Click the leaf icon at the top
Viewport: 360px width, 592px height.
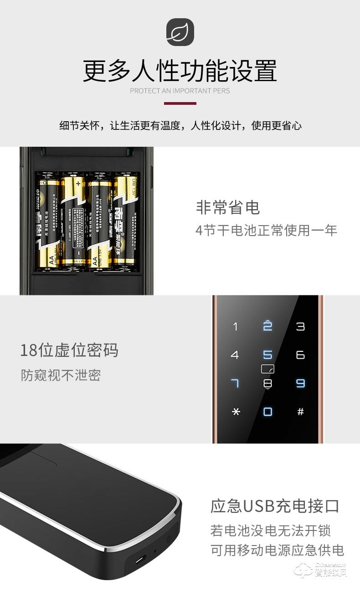point(180,32)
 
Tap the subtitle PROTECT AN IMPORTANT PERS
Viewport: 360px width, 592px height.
point(180,91)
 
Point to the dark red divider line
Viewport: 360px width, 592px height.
point(180,103)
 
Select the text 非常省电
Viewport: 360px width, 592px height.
point(227,207)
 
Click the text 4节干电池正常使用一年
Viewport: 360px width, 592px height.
point(266,230)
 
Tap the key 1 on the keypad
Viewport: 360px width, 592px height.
point(235,326)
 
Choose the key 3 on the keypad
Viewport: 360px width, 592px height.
point(300,326)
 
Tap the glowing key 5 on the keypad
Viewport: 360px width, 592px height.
point(268,355)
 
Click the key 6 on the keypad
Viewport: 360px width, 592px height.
point(300,355)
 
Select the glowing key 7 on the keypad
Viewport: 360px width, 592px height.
point(235,383)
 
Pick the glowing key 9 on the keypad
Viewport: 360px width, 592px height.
point(300,383)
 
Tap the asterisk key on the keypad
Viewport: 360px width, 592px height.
point(235,412)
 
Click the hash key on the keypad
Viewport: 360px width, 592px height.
point(300,412)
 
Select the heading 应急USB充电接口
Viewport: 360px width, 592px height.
point(275,506)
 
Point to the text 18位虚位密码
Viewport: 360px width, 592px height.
point(69,350)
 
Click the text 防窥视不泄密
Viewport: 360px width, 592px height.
point(61,375)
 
